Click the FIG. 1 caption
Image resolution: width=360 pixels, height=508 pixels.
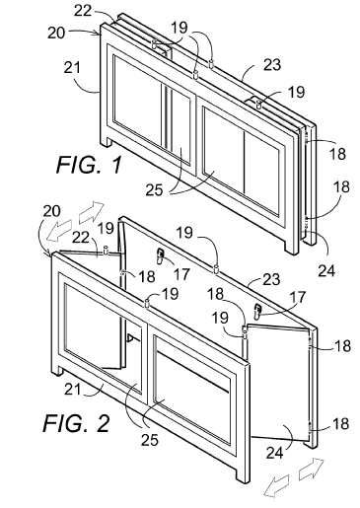click(x=89, y=165)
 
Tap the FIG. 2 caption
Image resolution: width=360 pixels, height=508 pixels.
click(x=76, y=423)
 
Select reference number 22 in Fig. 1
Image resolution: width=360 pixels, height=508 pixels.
click(x=83, y=10)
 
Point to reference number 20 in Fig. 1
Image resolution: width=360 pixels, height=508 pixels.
click(x=56, y=34)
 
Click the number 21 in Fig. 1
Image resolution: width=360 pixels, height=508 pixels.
click(x=72, y=68)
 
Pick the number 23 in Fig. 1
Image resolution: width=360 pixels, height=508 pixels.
click(x=272, y=65)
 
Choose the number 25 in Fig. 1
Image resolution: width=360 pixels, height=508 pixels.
click(x=154, y=190)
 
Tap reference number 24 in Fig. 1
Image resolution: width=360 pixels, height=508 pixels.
click(x=326, y=271)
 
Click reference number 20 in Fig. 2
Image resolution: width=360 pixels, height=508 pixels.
click(x=52, y=211)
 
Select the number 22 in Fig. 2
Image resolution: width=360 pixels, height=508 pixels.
click(x=81, y=237)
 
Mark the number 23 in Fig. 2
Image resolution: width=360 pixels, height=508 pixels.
click(x=271, y=279)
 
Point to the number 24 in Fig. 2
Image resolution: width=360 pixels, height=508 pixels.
click(x=274, y=453)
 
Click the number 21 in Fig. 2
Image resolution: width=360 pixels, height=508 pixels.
click(x=73, y=390)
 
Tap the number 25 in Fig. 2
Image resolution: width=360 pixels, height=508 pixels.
click(x=150, y=440)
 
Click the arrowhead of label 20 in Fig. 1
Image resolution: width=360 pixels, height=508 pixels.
click(x=98, y=33)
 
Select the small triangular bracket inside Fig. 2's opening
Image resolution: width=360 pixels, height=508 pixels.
click(x=129, y=338)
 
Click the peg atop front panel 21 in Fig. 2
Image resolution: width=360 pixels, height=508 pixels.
click(x=147, y=303)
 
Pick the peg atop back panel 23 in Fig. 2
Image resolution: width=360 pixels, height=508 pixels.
click(x=216, y=268)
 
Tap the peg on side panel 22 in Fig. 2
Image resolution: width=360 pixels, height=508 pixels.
click(x=106, y=250)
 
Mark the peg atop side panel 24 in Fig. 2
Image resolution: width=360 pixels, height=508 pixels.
click(x=245, y=335)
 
